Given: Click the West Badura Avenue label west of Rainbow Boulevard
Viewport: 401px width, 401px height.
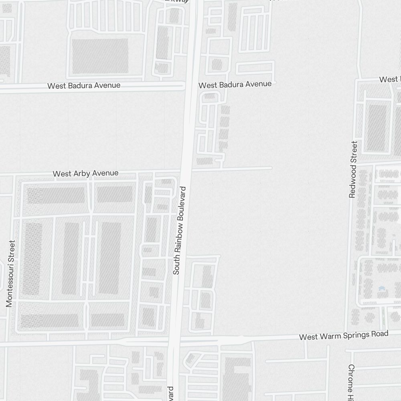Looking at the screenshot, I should coord(84,86).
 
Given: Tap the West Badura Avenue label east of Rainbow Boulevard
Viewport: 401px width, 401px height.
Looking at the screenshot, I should coord(235,84).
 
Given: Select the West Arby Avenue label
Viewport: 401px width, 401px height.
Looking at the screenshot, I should coord(85,173).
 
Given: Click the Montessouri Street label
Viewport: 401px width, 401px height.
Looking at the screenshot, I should coord(10,273).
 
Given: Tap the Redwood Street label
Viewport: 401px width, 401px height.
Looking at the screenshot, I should coord(353,169).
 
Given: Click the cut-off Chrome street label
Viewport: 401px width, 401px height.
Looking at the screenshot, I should coord(351,379).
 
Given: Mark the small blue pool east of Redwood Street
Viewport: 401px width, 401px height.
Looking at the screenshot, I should coord(381,288).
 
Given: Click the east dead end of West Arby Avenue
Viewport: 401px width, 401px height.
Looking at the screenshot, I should coord(271,168).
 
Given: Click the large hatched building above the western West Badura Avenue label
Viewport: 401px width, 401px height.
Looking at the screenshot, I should coord(100,56).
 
